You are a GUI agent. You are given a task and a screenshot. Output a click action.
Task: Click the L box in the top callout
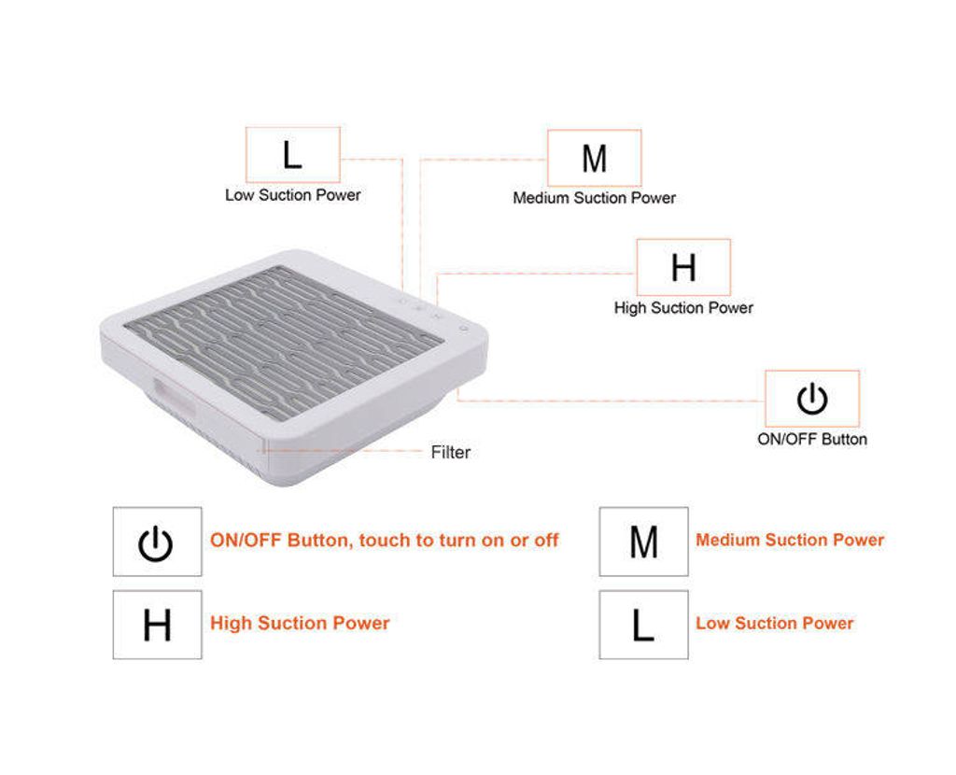tap(292, 155)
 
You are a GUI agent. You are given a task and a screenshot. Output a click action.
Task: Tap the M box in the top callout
tap(595, 158)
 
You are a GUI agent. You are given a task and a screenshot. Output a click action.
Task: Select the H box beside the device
tap(683, 267)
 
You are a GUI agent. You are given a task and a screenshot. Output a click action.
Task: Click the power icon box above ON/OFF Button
tap(812, 399)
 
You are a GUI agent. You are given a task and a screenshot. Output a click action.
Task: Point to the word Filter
tap(451, 453)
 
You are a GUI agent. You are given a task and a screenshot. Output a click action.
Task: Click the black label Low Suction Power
tap(292, 195)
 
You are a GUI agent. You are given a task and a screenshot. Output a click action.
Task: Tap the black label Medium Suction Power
tap(595, 198)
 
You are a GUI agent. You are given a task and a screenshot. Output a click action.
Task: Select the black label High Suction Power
tap(683, 308)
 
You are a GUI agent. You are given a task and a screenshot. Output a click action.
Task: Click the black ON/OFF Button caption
tap(812, 440)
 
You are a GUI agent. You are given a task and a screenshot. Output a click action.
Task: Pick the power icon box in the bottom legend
tap(157, 542)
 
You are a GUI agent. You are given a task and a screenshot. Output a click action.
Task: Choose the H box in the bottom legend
tap(157, 625)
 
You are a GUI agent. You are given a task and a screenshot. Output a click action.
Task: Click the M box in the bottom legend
tap(644, 542)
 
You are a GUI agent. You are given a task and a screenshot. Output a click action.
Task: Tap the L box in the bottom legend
tap(644, 625)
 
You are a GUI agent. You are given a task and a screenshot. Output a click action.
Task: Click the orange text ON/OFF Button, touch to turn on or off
tap(384, 541)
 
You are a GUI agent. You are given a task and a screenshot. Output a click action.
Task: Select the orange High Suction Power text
tap(300, 623)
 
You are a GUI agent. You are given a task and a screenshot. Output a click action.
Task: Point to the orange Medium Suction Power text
tap(790, 541)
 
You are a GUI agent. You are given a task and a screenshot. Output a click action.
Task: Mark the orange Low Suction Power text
tap(775, 623)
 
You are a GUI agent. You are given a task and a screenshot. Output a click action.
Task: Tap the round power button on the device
tap(464, 329)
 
